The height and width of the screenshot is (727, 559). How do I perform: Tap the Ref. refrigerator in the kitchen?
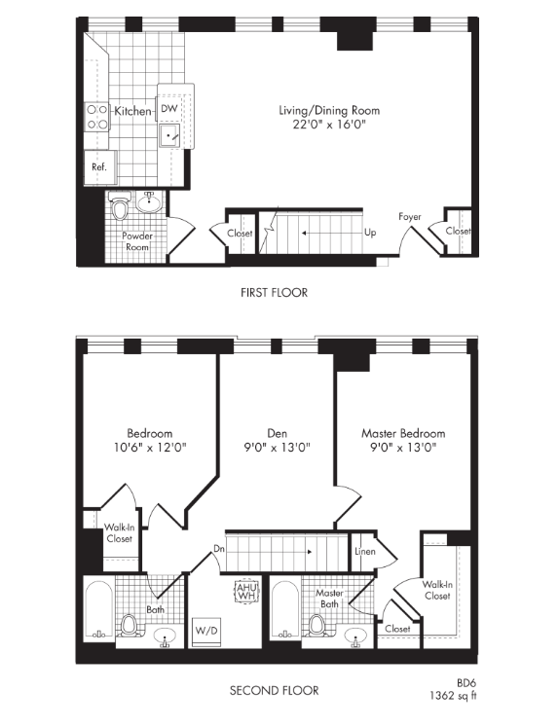[x=99, y=166]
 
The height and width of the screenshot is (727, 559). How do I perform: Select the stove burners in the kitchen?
[x=97, y=117]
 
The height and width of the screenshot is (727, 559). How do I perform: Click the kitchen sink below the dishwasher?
[x=170, y=135]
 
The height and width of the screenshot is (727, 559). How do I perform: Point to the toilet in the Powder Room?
[x=119, y=208]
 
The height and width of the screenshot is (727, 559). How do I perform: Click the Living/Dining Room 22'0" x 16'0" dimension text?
[x=328, y=125]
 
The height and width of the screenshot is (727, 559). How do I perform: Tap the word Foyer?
[x=410, y=216]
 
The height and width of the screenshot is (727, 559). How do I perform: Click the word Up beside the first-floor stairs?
[x=370, y=234]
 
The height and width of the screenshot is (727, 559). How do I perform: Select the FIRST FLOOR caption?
[x=274, y=293]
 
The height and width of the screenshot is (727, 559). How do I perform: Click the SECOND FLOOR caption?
[x=274, y=690]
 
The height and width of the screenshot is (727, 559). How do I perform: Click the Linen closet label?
[x=365, y=552]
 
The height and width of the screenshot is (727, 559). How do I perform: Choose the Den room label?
[x=276, y=433]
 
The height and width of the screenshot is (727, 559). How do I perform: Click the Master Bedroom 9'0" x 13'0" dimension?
[x=403, y=448]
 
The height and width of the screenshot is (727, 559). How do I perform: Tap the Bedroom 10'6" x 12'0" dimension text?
[x=150, y=448]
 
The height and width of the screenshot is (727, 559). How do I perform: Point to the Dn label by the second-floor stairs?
[x=219, y=549]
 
